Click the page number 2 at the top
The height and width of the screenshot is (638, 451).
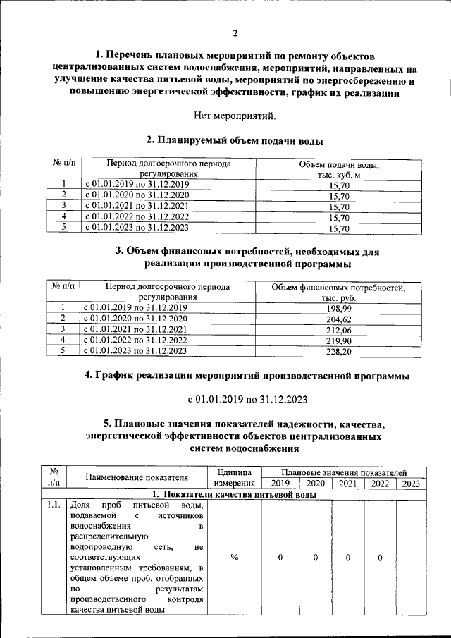[235, 33]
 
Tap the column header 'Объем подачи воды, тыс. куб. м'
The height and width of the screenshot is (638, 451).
[339, 169]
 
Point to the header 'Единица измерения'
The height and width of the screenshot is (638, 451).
[235, 477]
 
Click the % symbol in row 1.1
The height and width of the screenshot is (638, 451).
[235, 558]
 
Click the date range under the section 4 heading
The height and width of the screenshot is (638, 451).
[247, 399]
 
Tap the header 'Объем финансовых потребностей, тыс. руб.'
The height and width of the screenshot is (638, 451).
[338, 293]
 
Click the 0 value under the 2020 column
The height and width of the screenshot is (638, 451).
[315, 558]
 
